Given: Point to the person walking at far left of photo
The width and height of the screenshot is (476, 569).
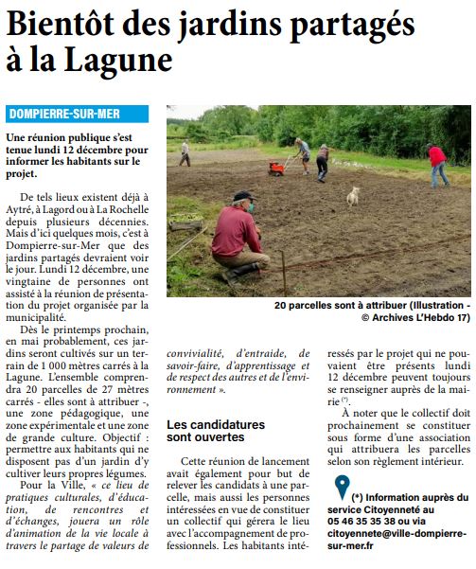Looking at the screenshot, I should pyautogui.click(x=185, y=151).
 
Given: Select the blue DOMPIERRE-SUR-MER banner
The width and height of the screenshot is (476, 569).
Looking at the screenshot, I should pyautogui.click(x=77, y=114).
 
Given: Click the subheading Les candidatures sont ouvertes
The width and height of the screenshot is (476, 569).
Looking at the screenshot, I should pyautogui.click(x=205, y=431).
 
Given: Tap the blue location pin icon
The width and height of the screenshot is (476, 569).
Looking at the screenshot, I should pyautogui.click(x=342, y=487).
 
